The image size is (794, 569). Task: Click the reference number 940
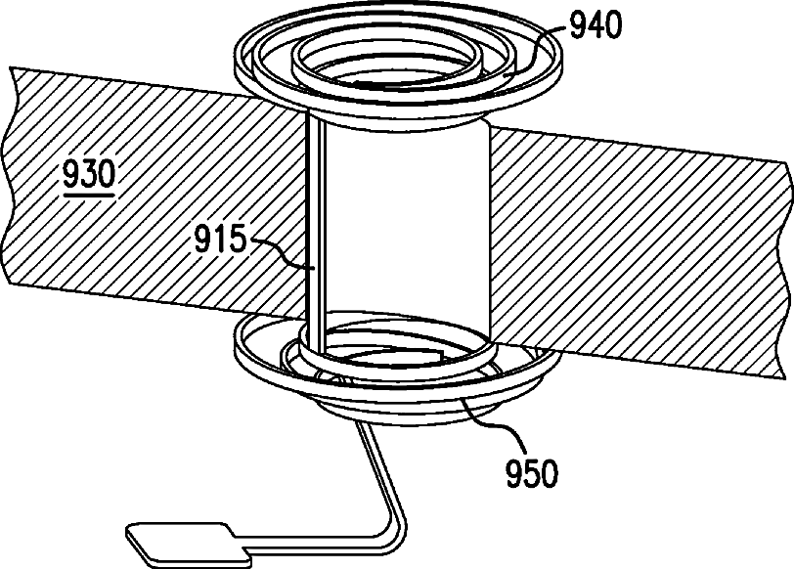(x=591, y=26)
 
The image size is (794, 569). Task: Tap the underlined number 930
(x=88, y=176)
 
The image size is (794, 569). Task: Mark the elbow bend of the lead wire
(x=397, y=528)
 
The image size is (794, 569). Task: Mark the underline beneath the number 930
(x=88, y=193)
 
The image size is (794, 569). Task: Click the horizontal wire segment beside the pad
(x=313, y=537)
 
